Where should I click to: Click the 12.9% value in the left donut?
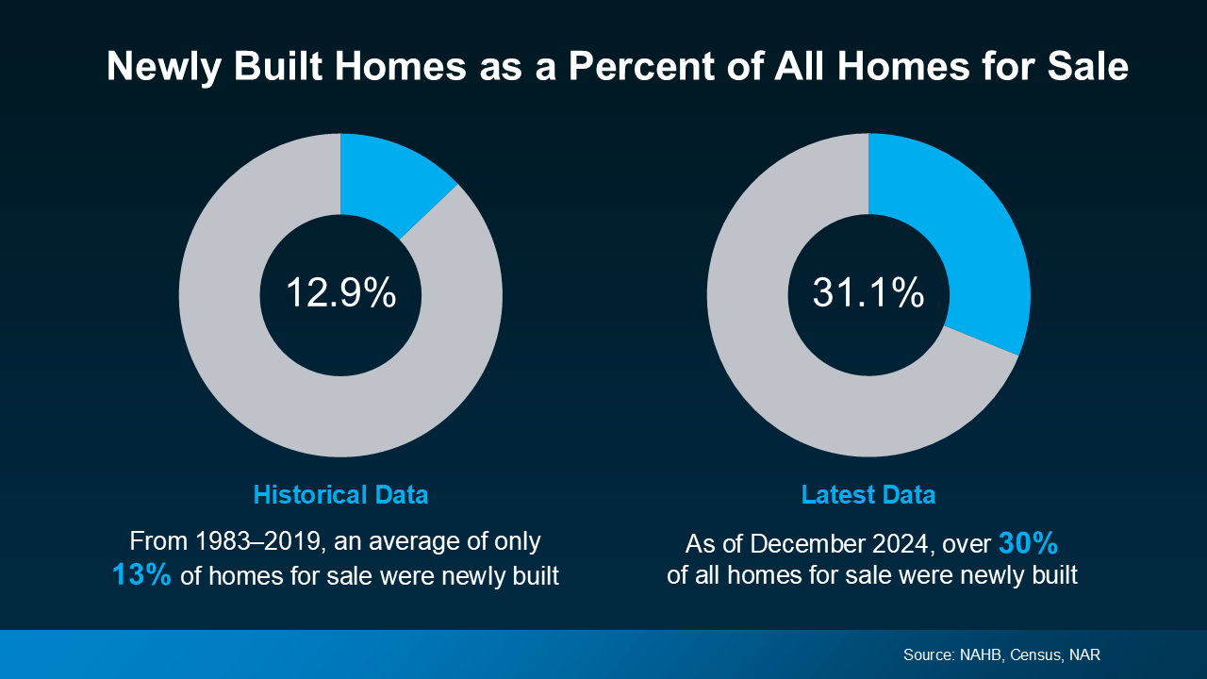click(340, 293)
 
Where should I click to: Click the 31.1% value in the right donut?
click(868, 293)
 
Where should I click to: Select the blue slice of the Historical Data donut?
click(390, 179)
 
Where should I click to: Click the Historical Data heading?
click(340, 494)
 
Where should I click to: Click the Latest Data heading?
click(868, 494)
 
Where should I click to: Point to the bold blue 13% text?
click(141, 574)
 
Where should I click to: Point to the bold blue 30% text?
click(1028, 544)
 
